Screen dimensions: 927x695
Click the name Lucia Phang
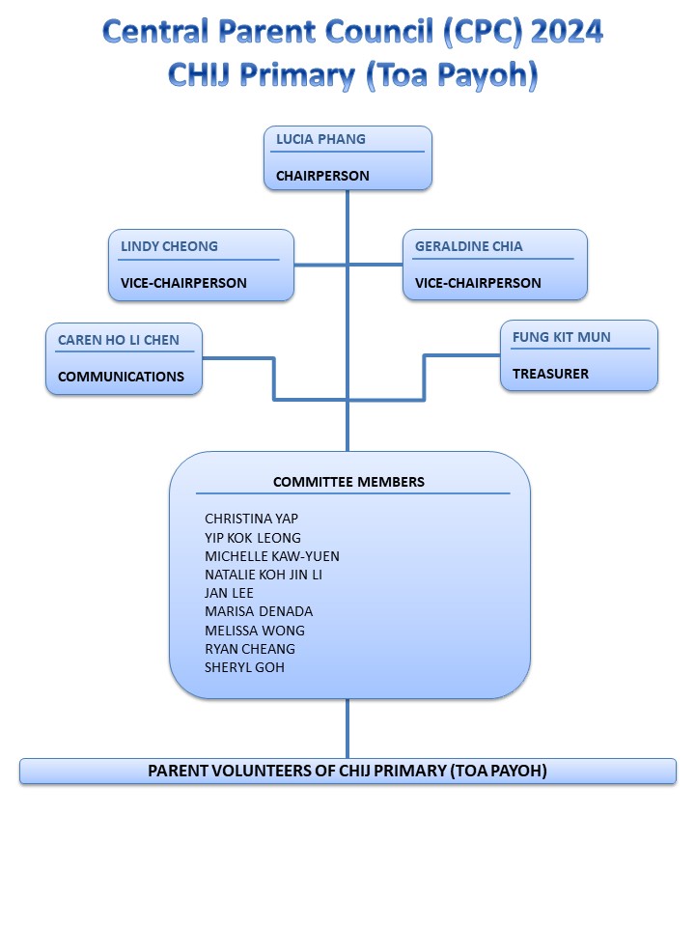pos(320,139)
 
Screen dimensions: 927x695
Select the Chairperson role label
pos(322,177)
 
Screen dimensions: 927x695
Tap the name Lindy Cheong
pos(169,246)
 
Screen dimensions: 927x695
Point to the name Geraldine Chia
pos(468,246)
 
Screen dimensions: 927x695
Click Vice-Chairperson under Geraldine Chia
pos(478,283)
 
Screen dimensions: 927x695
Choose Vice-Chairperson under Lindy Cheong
pos(183,283)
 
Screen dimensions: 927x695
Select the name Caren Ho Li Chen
pos(118,340)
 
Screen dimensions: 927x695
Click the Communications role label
pos(121,377)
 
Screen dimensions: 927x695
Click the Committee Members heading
pos(348,482)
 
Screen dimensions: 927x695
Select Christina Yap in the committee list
pos(251,519)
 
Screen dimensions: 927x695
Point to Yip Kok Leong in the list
pos(253,537)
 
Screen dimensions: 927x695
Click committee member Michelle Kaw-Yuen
pos(272,556)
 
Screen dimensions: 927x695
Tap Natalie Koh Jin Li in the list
pos(264,575)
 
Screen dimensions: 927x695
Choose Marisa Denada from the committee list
pos(259,611)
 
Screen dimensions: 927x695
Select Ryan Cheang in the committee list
pos(250,649)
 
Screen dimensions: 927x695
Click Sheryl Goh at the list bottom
pos(244,667)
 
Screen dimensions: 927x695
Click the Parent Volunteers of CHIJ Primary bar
pos(347,771)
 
